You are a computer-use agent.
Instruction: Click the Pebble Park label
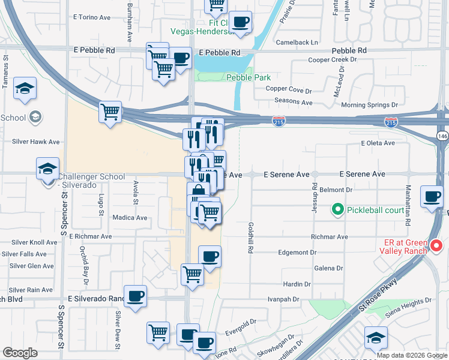pyautogui.click(x=249, y=77)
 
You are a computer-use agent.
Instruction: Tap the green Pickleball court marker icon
pyautogui.click(x=338, y=210)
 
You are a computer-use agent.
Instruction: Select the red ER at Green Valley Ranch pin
pyautogui.click(x=436, y=246)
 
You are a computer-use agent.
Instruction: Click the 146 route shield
pyautogui.click(x=442, y=136)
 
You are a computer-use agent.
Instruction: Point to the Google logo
pyautogui.click(x=20, y=353)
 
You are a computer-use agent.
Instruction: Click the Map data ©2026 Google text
pyautogui.click(x=411, y=355)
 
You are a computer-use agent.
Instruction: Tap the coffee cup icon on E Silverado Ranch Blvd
pyautogui.click(x=136, y=296)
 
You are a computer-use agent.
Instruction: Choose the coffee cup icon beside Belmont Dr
pyautogui.click(x=432, y=196)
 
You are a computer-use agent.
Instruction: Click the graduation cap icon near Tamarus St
pyautogui.click(x=25, y=89)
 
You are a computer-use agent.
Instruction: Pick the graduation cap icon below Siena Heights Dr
pyautogui.click(x=376, y=338)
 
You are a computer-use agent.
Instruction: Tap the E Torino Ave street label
pyautogui.click(x=92, y=17)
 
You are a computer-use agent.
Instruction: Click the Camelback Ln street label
pyautogui.click(x=297, y=43)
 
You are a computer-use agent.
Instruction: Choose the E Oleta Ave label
pyautogui.click(x=378, y=143)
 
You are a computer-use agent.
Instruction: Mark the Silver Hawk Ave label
pyautogui.click(x=36, y=142)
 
